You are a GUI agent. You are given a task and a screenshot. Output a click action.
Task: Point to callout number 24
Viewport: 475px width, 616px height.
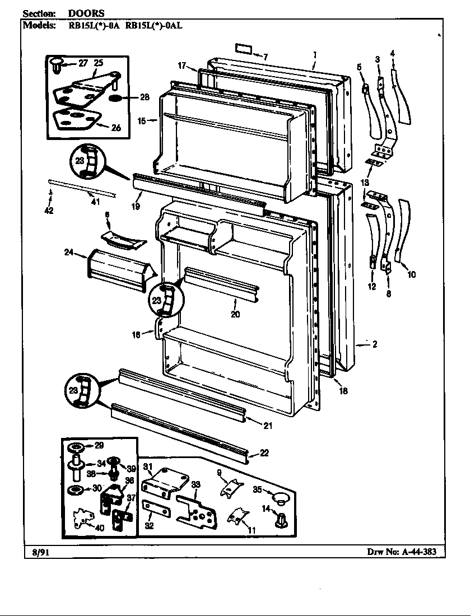click(x=69, y=252)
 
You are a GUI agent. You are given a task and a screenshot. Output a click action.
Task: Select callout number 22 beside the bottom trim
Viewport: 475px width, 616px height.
click(x=264, y=453)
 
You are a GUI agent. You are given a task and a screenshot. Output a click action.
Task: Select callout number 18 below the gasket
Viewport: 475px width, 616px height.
click(x=343, y=390)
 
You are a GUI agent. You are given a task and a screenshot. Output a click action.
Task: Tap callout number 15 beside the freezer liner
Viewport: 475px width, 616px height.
click(x=142, y=121)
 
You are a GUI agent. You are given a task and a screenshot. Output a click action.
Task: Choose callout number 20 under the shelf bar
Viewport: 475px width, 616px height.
click(x=235, y=314)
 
